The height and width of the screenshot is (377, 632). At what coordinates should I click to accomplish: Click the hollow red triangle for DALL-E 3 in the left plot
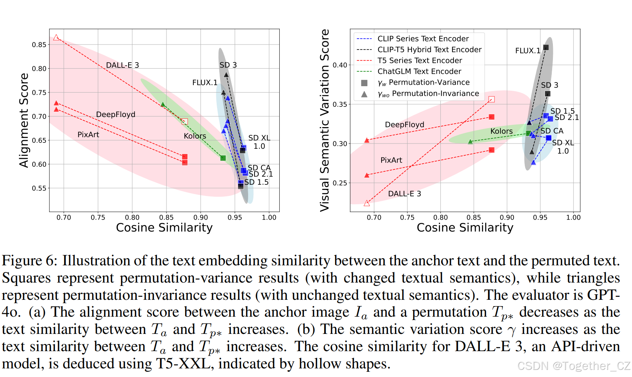[56, 37]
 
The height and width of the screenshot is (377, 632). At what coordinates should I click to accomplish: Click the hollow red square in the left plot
[185, 121]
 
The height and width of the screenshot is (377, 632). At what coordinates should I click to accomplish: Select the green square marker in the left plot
[223, 158]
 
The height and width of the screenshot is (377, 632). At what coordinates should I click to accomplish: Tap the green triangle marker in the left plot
[163, 105]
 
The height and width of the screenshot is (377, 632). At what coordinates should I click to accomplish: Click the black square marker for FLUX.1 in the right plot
[546, 48]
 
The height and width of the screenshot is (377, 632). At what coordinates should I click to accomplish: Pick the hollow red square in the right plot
[492, 99]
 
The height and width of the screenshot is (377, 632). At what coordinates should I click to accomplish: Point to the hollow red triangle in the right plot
[367, 203]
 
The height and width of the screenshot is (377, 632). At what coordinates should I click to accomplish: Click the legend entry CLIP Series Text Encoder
[423, 39]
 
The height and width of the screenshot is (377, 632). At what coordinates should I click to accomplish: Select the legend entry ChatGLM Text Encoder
[419, 71]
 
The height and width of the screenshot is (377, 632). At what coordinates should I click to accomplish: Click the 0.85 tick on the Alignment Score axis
[39, 45]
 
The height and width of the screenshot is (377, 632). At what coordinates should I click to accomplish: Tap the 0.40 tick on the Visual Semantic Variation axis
[340, 65]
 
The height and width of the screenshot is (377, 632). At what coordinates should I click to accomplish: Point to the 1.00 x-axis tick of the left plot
[269, 217]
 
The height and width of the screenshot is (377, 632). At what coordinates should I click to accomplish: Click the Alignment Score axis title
[24, 120]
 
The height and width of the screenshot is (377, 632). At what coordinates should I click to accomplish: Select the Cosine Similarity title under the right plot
[465, 227]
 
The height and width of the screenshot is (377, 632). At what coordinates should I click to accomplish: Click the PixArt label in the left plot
[88, 135]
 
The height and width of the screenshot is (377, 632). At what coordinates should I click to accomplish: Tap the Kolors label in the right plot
[502, 131]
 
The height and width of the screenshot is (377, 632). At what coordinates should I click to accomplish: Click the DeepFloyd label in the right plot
[404, 124]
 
